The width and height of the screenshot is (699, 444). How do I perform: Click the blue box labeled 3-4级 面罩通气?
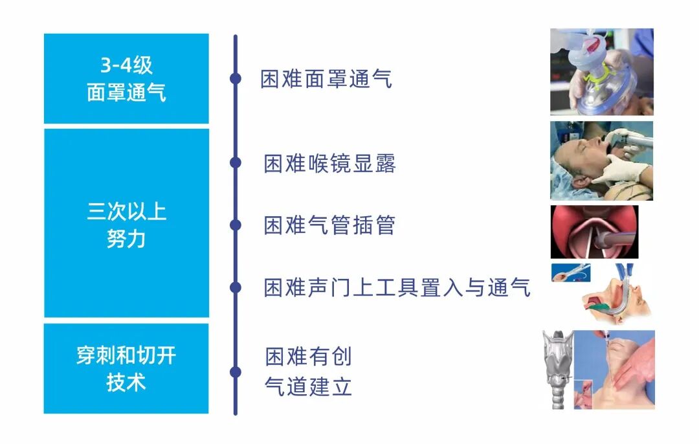pyautogui.click(x=126, y=78)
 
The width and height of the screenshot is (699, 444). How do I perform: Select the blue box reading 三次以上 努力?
pyautogui.click(x=126, y=223)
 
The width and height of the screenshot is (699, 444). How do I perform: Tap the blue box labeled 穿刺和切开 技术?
pyautogui.click(x=126, y=368)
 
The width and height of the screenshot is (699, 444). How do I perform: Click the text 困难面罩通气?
pyautogui.click(x=326, y=79)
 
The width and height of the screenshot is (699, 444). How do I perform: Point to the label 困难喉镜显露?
pyautogui.click(x=329, y=164)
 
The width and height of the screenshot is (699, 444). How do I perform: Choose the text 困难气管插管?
pyautogui.click(x=329, y=225)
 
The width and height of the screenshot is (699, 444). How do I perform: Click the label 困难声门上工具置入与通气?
pyautogui.click(x=397, y=287)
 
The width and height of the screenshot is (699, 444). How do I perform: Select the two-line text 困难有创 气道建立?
pyautogui.click(x=308, y=372)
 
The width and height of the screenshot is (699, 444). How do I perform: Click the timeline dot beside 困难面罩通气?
pyautogui.click(x=236, y=78)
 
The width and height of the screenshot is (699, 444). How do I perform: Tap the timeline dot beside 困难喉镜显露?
pyautogui.click(x=236, y=162)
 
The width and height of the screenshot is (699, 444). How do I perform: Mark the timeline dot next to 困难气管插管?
pyautogui.click(x=236, y=225)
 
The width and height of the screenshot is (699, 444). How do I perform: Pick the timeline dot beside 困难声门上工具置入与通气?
pyautogui.click(x=236, y=287)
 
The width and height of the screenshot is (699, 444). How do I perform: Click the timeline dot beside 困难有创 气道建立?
pyautogui.click(x=236, y=372)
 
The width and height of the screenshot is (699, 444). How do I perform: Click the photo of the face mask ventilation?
pyautogui.click(x=601, y=72)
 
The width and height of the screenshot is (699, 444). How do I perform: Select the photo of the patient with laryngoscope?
pyautogui.click(x=601, y=161)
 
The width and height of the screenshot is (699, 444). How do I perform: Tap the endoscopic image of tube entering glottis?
pyautogui.click(x=594, y=232)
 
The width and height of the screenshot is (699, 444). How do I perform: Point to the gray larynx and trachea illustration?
pyautogui.click(x=557, y=369)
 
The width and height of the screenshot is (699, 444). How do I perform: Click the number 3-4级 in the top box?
pyautogui.click(x=126, y=66)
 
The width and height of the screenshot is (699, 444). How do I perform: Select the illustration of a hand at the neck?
pyautogui.click(x=621, y=369)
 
